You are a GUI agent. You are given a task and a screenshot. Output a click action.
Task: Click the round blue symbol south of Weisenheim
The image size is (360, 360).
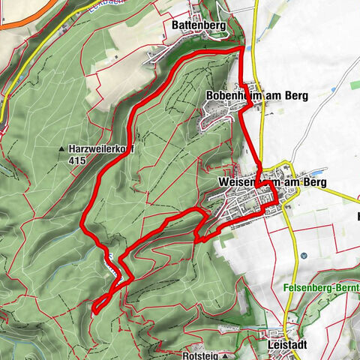tap(303, 256)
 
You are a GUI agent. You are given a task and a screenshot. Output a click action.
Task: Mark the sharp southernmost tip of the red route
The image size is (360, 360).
tap(95, 307)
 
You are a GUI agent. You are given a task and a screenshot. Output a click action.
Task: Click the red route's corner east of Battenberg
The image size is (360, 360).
tap(241, 48)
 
